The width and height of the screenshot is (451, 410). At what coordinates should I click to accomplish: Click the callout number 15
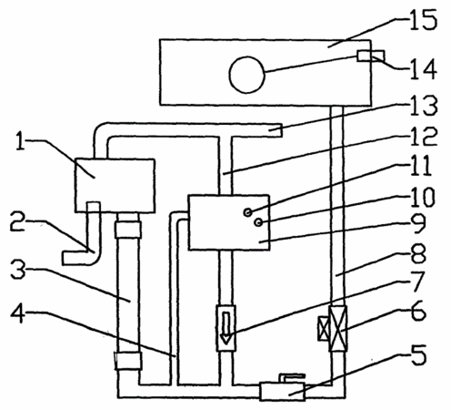pyautogui.click(x=424, y=20)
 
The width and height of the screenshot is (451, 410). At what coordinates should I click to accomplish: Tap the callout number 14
pyautogui.click(x=424, y=69)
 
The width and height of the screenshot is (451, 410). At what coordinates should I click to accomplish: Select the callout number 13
pyautogui.click(x=424, y=106)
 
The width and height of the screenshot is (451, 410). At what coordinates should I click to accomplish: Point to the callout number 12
pyautogui.click(x=424, y=136)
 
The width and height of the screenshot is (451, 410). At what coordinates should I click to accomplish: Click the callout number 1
pyautogui.click(x=20, y=141)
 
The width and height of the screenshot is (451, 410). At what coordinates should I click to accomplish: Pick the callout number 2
pyautogui.click(x=17, y=221)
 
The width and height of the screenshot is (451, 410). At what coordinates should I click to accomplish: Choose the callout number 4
pyautogui.click(x=18, y=313)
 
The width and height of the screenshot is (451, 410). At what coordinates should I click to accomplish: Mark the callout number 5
pyautogui.click(x=419, y=354)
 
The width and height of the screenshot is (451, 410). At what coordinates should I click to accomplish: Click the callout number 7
pyautogui.click(x=417, y=282)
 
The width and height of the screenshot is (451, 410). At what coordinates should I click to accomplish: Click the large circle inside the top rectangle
pyautogui.click(x=247, y=75)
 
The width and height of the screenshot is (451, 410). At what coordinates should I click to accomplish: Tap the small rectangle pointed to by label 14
pyautogui.click(x=371, y=56)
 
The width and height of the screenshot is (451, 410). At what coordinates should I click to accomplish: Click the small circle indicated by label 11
pyautogui.click(x=247, y=212)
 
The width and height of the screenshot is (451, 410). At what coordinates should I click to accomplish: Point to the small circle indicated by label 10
pyautogui.click(x=258, y=222)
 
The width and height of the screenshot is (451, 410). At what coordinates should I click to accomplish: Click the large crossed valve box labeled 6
pyautogui.click(x=338, y=328)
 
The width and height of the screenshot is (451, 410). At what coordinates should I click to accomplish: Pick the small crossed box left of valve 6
pyautogui.click(x=324, y=328)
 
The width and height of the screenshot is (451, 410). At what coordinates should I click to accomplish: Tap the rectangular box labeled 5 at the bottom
pyautogui.click(x=282, y=391)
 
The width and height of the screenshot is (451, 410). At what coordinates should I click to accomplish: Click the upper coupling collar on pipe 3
pyautogui.click(x=128, y=230)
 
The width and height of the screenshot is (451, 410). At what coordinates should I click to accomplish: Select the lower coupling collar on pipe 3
pyautogui.click(x=128, y=361)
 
